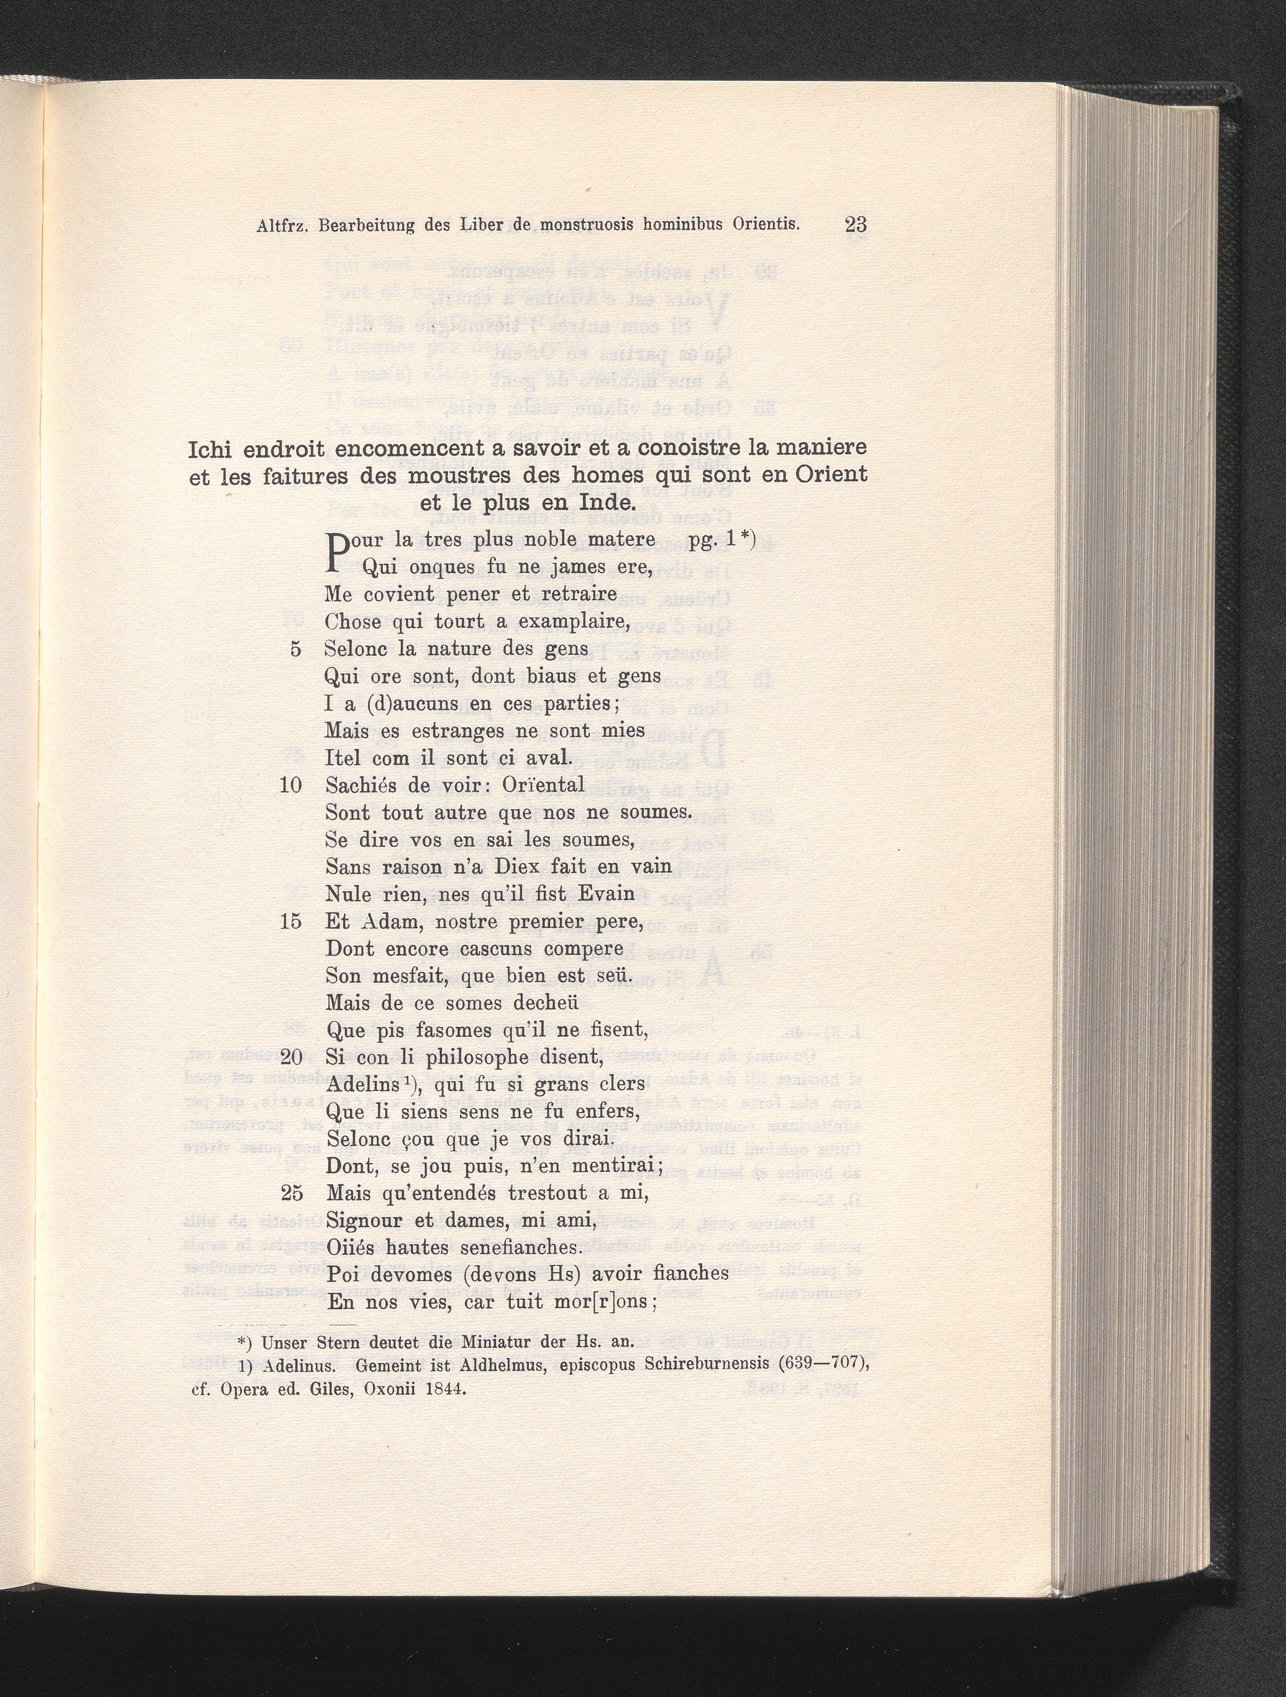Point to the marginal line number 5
pos(296,649)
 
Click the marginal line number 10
pos(291,785)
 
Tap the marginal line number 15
pos(291,922)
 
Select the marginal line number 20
pos(291,1058)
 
